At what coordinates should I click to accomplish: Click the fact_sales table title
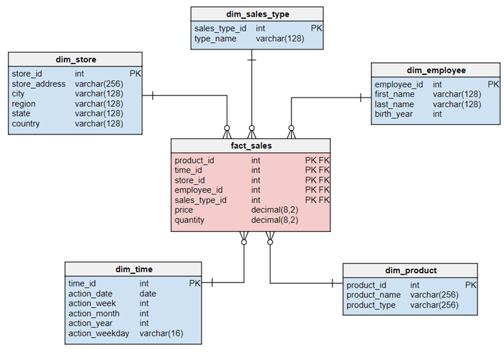click(251, 146)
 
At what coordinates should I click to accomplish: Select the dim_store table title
click(75, 60)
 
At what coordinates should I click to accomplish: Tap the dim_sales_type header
click(257, 14)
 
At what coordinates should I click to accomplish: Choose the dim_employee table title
click(436, 70)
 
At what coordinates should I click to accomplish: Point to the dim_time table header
click(134, 270)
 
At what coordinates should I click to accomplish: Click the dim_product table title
click(410, 271)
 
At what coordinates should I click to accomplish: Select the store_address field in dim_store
click(39, 84)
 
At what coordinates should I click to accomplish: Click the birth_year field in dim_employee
click(394, 114)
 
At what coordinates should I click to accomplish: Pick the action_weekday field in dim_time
click(99, 334)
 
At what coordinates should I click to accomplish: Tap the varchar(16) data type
click(160, 334)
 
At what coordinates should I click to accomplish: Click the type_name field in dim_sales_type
click(215, 39)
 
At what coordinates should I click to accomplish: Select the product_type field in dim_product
click(371, 305)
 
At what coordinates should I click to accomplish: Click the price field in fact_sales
click(184, 210)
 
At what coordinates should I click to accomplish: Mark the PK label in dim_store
click(135, 74)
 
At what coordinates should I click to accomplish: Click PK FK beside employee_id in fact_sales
click(317, 190)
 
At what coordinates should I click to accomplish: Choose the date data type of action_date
click(148, 293)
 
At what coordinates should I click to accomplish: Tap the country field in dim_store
click(26, 124)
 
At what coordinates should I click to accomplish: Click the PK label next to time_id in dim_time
click(195, 283)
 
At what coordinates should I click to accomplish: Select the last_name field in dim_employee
click(394, 104)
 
